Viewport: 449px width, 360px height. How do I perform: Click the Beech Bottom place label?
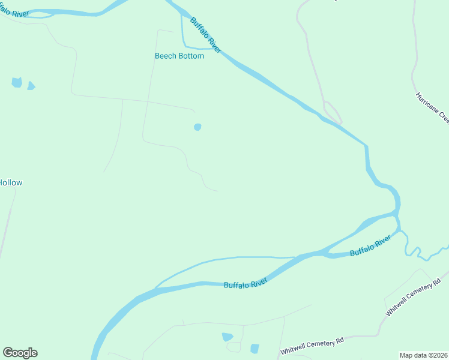point(179,56)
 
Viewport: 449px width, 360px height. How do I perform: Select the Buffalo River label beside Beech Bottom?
point(206,35)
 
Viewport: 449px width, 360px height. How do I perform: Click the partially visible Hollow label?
point(11,182)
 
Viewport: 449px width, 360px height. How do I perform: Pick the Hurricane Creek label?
point(432,107)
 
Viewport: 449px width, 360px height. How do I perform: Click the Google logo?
point(20,352)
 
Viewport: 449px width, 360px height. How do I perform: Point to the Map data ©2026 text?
point(424,355)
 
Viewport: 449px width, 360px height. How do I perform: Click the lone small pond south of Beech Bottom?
point(197,127)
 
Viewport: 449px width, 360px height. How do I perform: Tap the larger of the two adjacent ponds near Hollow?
point(17,82)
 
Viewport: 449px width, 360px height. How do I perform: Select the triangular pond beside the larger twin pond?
point(31,86)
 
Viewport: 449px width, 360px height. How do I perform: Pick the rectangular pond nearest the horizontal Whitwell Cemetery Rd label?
point(255,349)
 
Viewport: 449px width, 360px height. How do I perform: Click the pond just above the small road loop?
point(228,337)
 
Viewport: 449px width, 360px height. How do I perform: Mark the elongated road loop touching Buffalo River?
point(332,112)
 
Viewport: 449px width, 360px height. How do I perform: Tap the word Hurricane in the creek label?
point(424,100)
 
